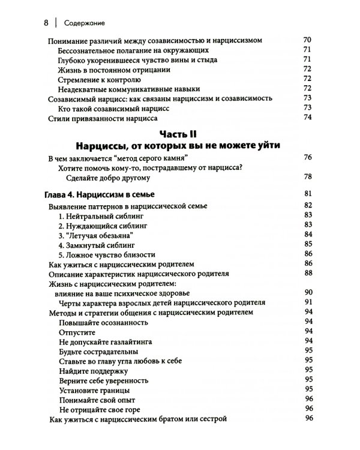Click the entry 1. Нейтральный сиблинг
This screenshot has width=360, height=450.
tap(104, 215)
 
